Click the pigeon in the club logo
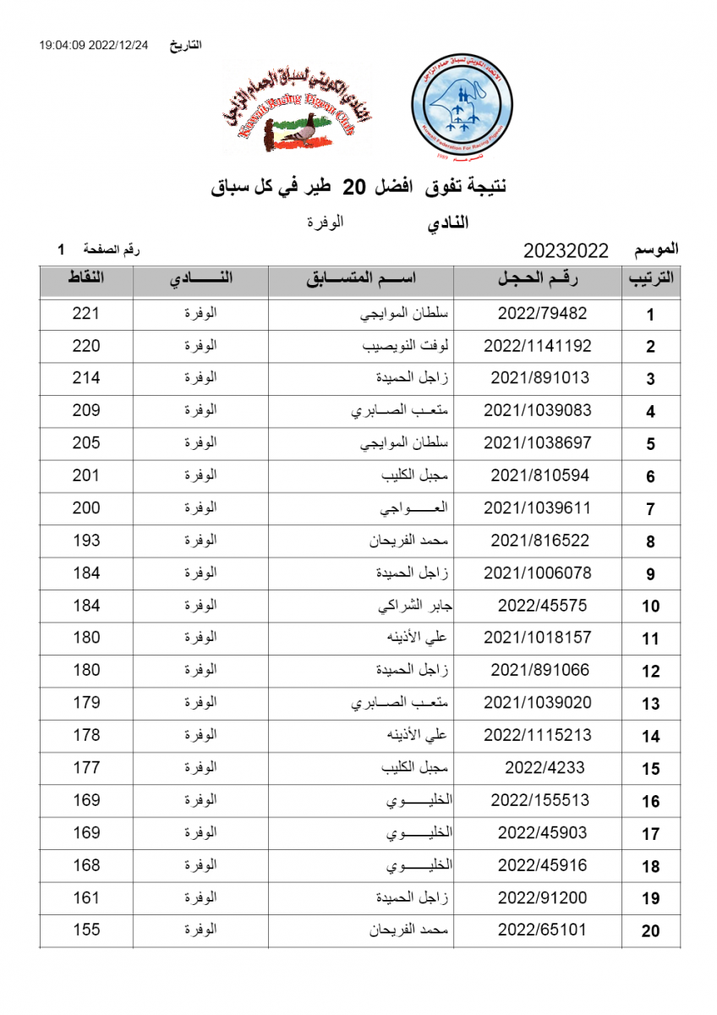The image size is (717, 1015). (298, 132)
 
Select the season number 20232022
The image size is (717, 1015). (566, 250)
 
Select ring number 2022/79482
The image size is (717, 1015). (542, 314)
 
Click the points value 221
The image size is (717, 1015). (86, 314)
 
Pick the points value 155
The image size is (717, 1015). (86, 930)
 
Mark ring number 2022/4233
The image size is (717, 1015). (545, 767)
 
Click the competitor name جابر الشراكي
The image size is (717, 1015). (412, 606)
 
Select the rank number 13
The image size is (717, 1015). (650, 704)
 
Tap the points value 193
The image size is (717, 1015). (86, 540)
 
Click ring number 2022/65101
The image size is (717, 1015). (542, 930)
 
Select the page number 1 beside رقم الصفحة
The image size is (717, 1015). (61, 250)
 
